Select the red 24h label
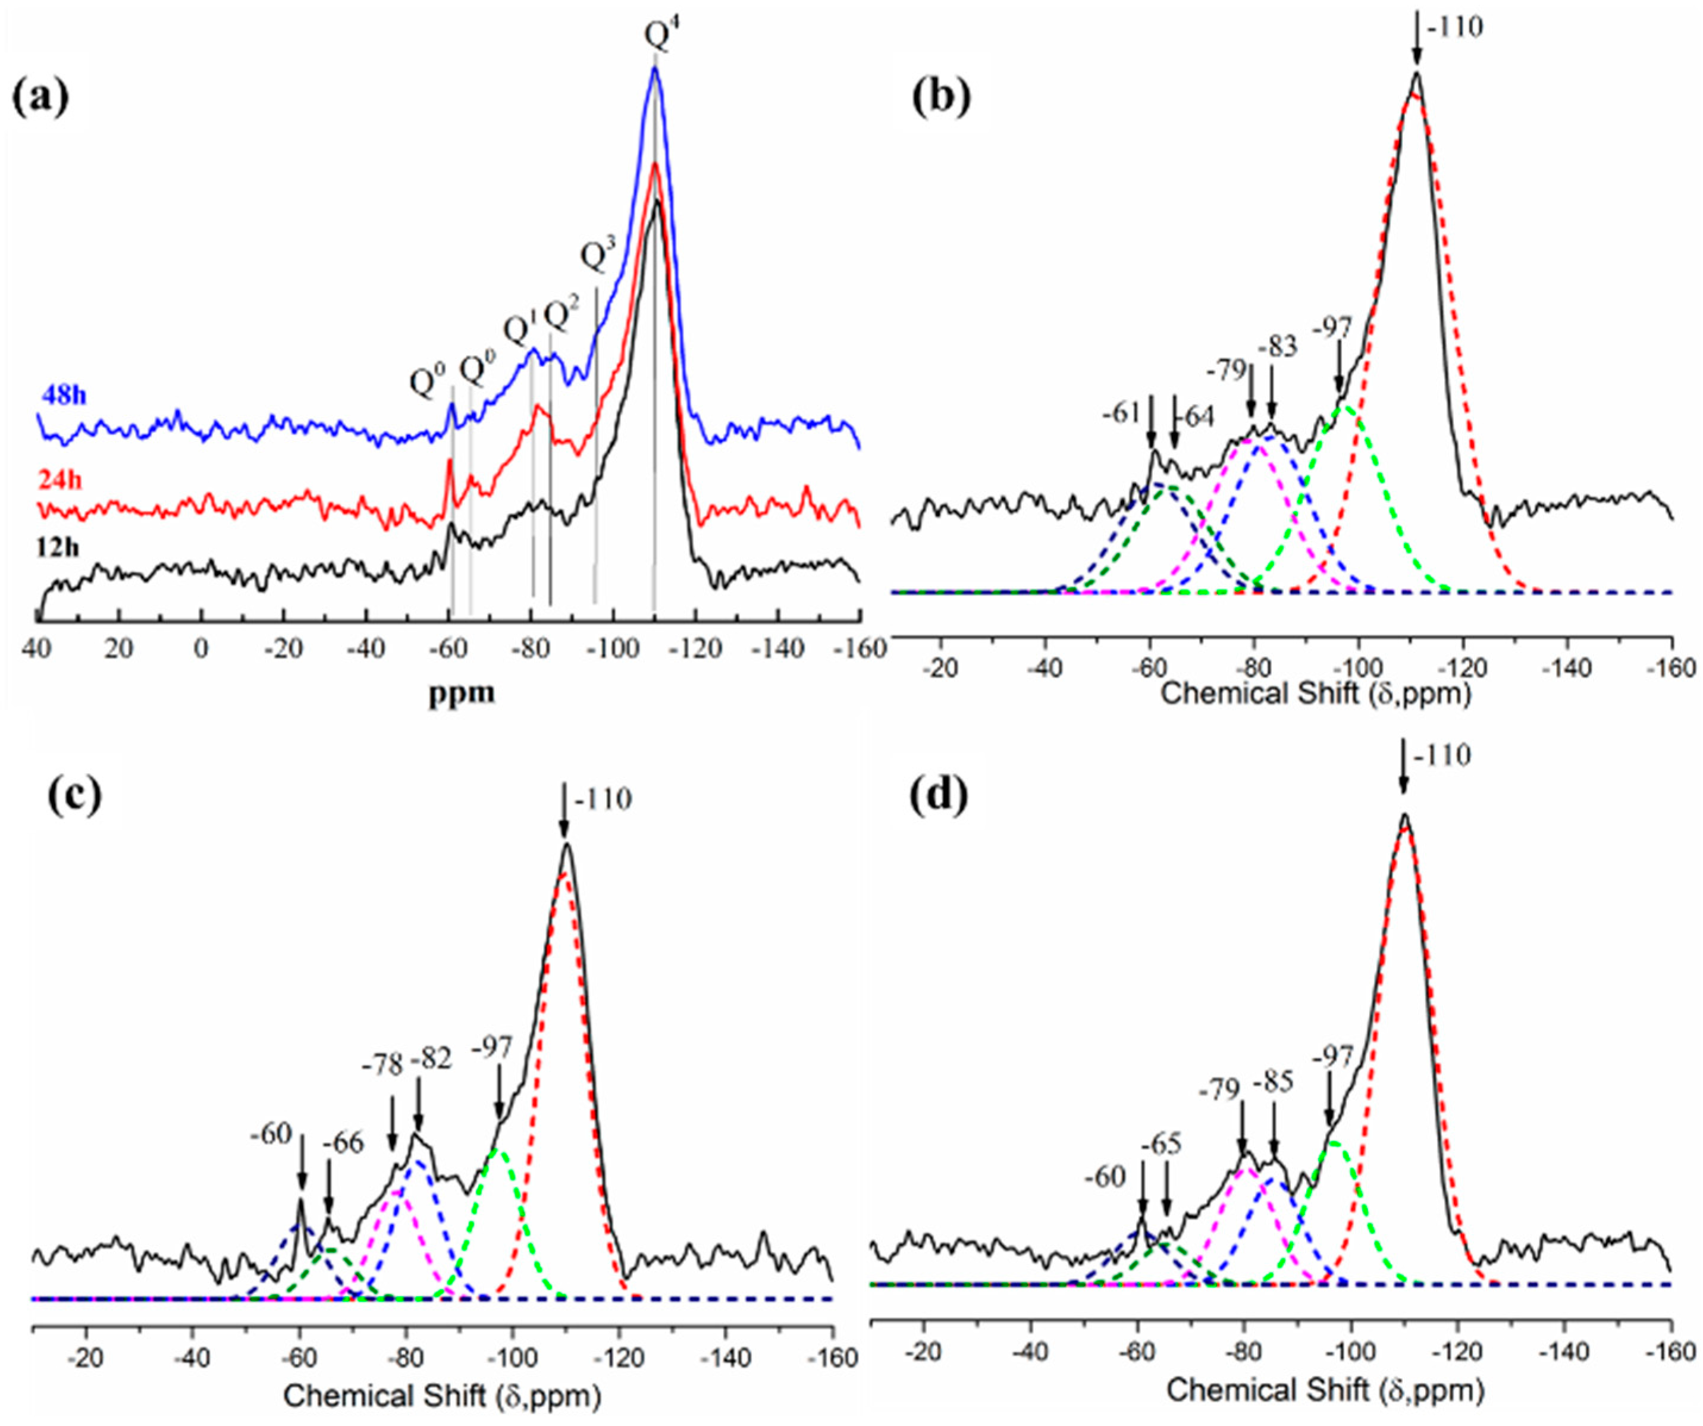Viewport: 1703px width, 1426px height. click(x=60, y=481)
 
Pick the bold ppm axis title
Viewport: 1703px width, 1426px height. click(x=462, y=694)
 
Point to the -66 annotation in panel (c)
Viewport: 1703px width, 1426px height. click(x=343, y=1144)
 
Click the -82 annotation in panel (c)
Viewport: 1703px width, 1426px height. click(x=431, y=1061)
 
